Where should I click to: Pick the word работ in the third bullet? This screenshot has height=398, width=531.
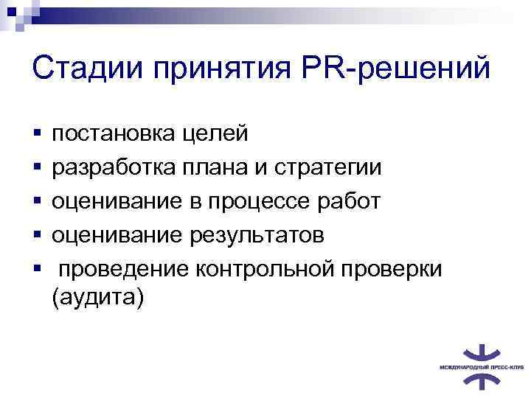coord(351,201)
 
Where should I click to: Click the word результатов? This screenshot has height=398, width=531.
coord(259,235)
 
